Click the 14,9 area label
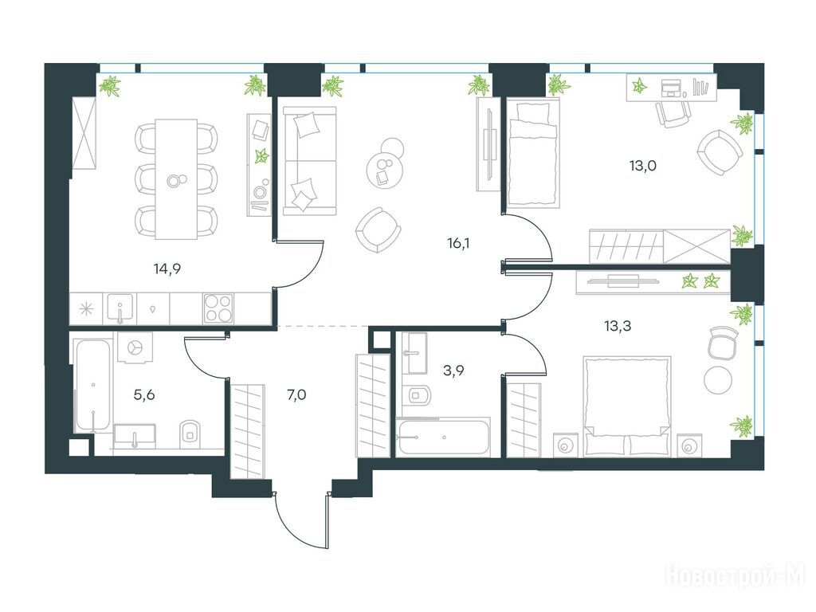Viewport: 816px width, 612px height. [x=167, y=269]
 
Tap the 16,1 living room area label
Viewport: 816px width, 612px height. [x=458, y=242]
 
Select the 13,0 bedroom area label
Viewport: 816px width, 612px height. [x=643, y=166]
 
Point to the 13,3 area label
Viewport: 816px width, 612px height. [x=618, y=326]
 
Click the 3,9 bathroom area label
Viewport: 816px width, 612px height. [x=453, y=371]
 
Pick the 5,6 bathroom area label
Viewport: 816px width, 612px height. [x=144, y=395]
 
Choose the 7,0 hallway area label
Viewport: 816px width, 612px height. [x=296, y=395]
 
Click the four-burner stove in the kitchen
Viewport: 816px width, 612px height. [x=218, y=308]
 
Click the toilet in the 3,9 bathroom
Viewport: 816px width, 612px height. [x=418, y=395]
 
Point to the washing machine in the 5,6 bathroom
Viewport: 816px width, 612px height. [x=134, y=347]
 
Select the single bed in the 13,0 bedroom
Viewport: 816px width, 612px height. [x=533, y=152]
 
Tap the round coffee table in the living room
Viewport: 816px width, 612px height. [x=384, y=169]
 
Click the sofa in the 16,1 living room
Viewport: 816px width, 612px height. [x=310, y=161]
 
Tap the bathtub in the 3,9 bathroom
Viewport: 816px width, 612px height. [x=443, y=437]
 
